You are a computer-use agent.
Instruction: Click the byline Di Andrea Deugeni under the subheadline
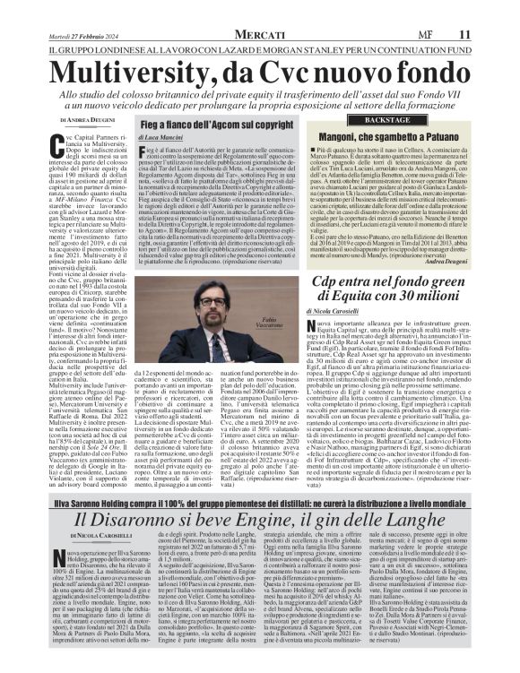88,119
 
